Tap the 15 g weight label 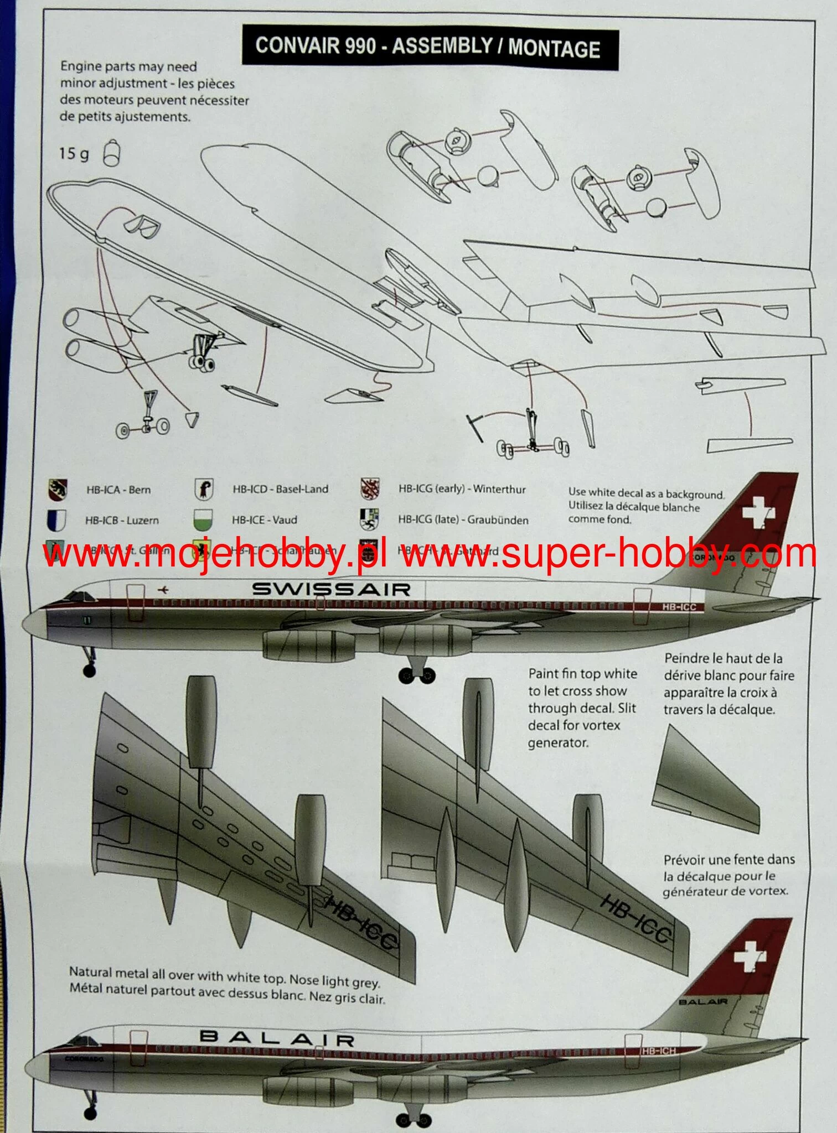(x=74, y=153)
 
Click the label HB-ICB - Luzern (x=122, y=521)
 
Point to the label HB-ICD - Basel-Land (x=280, y=489)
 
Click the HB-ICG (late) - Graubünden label (x=463, y=520)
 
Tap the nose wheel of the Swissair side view (x=88, y=671)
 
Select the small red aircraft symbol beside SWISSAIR (x=164, y=590)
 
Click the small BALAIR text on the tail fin (x=703, y=1002)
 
